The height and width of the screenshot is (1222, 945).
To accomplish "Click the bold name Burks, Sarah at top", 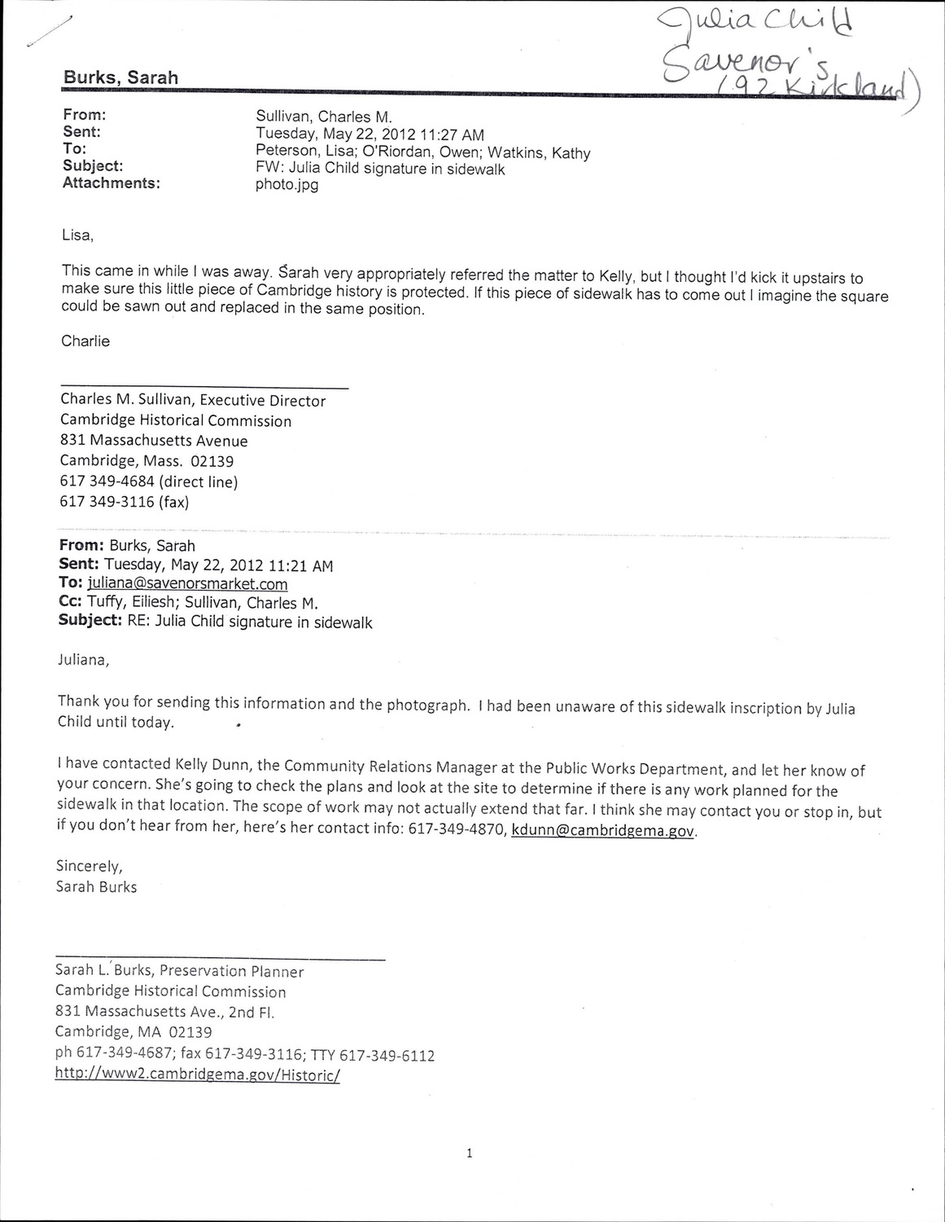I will point(120,77).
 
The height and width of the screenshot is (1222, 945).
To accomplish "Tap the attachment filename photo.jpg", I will point(287,184).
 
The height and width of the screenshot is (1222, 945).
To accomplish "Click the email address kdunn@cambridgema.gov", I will point(603,832).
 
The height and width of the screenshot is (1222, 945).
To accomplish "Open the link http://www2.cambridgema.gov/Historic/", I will point(196,1075).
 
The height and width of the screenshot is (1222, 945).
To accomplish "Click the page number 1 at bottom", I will point(470,1153).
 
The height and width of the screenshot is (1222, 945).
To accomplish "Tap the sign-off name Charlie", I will point(85,341).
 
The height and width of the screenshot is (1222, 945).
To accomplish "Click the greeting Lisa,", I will point(78,236).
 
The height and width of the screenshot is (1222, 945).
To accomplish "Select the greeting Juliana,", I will point(82,660).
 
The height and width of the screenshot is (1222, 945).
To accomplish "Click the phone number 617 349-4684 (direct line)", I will point(148,481).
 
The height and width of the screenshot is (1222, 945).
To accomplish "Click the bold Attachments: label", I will point(111,182).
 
